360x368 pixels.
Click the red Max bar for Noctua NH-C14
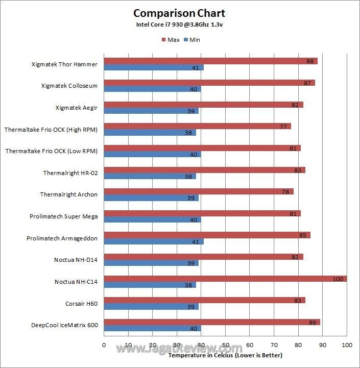click(225, 279)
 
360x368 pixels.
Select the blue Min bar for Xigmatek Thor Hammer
click(154, 67)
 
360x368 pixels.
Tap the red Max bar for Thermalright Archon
click(199, 191)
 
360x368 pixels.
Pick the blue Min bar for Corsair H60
click(151, 307)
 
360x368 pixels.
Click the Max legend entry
click(171, 40)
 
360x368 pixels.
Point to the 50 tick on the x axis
click(225, 346)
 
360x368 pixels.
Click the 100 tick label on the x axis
click(347, 346)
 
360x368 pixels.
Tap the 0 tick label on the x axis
click(104, 346)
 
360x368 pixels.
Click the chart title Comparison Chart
click(179, 13)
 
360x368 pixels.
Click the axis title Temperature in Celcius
click(225, 355)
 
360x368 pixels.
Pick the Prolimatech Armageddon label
click(62, 238)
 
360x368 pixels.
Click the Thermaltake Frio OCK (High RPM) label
click(51, 130)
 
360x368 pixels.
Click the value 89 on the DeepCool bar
click(313, 322)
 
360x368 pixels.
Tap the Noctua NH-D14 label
click(76, 260)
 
